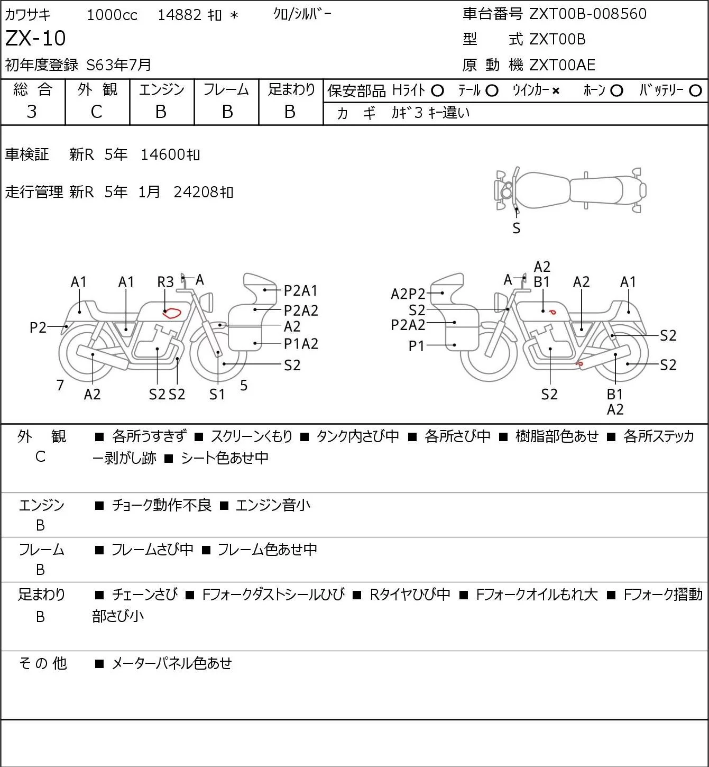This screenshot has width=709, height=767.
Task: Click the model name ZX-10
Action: point(35,38)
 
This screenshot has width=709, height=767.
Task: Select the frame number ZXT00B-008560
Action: point(588,14)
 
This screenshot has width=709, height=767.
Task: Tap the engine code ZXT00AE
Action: point(562,65)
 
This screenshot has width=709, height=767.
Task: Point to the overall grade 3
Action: point(32,112)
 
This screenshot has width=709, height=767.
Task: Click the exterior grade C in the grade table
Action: point(96,112)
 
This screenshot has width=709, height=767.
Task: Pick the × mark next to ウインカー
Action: point(556,91)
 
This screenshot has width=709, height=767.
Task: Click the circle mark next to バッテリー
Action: point(695,91)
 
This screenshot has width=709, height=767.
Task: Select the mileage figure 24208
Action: point(196,192)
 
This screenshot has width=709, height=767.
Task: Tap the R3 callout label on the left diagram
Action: point(165,282)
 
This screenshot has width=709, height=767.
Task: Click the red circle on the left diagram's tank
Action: point(172,313)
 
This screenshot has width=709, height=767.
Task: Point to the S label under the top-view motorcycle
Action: point(517,229)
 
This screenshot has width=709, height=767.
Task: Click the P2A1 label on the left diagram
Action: point(300,291)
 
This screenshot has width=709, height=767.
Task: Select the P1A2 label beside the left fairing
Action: point(301,344)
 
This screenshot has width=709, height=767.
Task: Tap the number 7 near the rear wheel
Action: point(60,385)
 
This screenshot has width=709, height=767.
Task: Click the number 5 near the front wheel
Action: point(244,385)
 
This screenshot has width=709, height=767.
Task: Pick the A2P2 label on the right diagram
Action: point(408,294)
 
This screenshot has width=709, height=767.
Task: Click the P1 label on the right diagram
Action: point(416,346)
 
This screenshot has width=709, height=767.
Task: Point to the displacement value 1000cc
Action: point(112,15)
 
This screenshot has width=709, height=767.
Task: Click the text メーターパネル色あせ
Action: point(172,663)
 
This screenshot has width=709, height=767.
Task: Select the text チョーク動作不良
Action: point(162,505)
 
